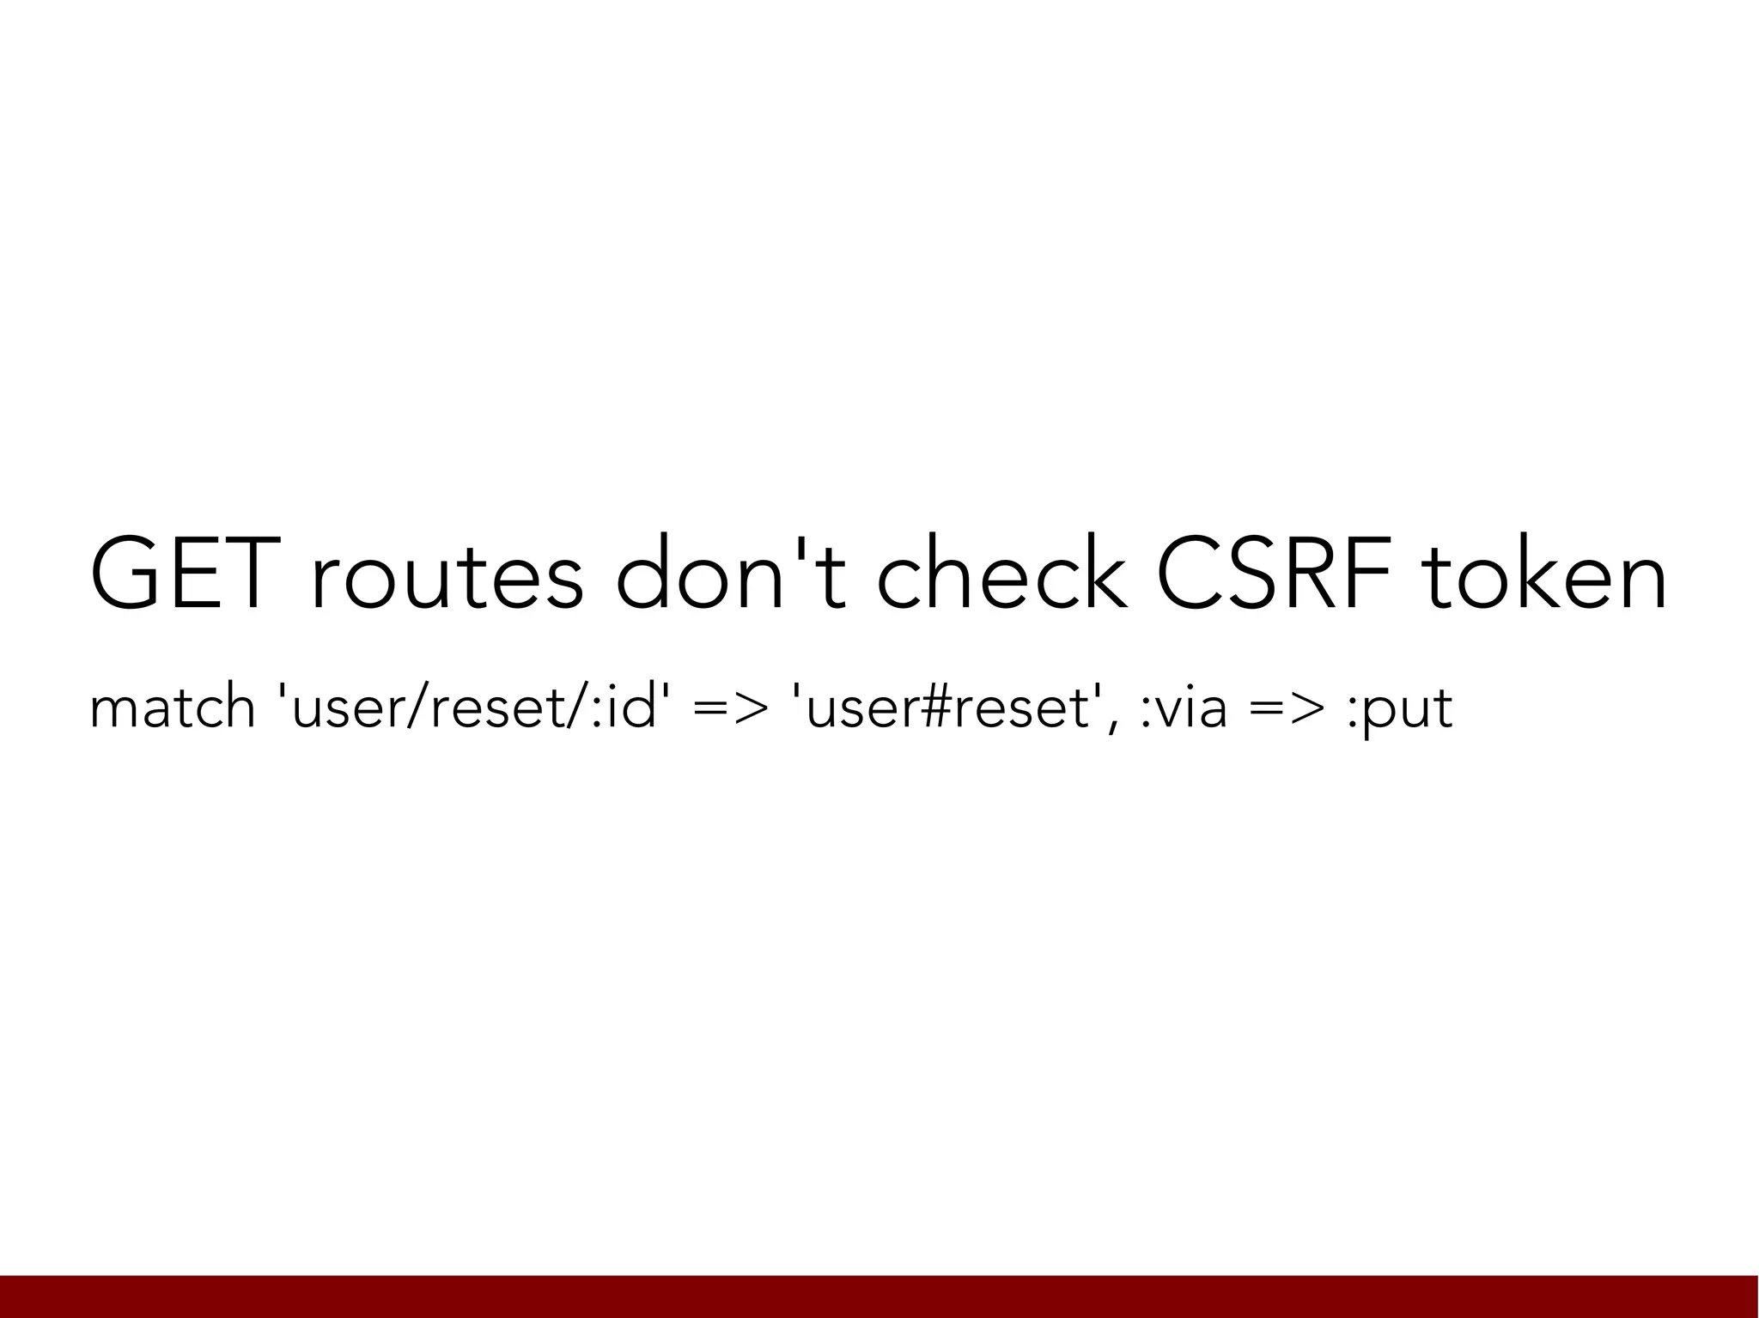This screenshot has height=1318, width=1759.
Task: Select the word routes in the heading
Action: [447, 578]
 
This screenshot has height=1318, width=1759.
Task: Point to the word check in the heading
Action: [1001, 574]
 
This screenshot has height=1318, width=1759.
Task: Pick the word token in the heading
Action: [1544, 576]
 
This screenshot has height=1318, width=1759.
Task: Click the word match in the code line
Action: [172, 709]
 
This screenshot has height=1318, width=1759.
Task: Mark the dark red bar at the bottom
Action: [879, 1297]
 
